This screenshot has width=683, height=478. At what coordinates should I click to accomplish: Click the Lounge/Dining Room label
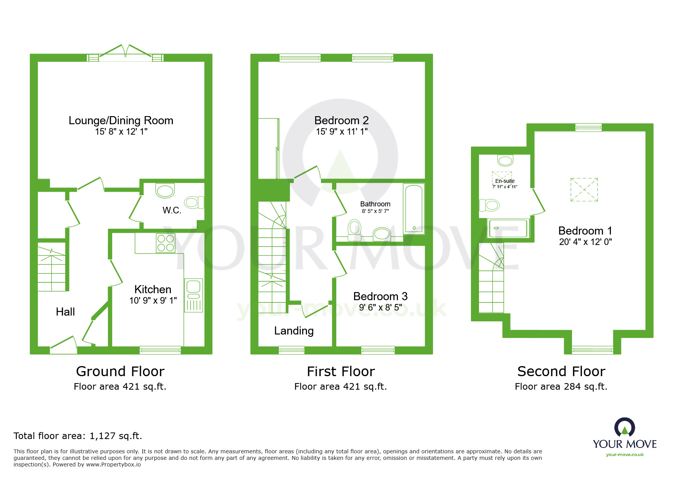tap(121, 120)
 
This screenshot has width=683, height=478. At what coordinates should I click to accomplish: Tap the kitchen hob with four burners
tap(165, 243)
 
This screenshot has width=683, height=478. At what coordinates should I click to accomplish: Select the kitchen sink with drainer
tap(193, 295)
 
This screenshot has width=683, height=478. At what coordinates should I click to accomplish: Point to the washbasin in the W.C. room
tap(165, 191)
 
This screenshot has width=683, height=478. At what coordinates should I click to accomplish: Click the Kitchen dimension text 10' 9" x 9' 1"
tap(153, 301)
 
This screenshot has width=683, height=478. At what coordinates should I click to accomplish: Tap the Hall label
tap(65, 312)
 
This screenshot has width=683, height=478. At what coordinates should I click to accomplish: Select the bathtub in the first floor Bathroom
tap(413, 209)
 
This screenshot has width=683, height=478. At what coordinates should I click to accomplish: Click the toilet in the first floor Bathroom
tap(354, 229)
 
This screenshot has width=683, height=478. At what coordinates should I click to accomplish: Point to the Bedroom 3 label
tap(380, 296)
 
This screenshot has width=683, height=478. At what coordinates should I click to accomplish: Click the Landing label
tap(293, 331)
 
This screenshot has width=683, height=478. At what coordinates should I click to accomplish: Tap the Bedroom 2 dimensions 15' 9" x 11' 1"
tap(341, 132)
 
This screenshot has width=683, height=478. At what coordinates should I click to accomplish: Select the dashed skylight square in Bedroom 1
tap(584, 189)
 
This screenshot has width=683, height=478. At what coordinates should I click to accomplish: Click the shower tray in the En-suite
tap(508, 228)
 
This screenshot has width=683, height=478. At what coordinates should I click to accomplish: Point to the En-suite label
tap(504, 181)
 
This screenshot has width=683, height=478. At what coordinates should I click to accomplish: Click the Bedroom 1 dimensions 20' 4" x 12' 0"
tap(585, 242)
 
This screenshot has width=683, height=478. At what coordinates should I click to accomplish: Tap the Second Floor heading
tap(561, 371)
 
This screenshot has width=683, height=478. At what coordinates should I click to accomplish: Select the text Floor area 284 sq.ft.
tap(561, 387)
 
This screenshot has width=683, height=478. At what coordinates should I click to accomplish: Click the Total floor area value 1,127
tap(102, 436)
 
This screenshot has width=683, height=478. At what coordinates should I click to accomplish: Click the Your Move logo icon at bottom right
tap(624, 427)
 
